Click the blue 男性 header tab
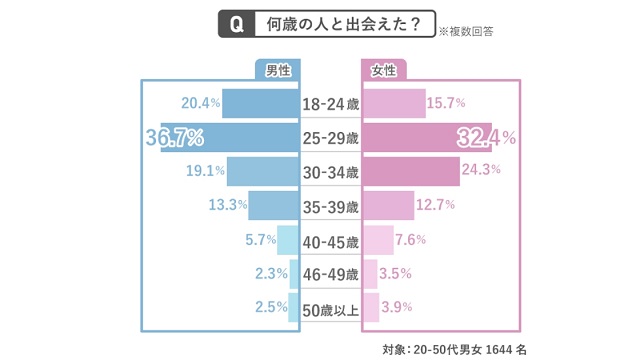point(278,70)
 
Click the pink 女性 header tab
point(383,70)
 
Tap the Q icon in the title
point(237,24)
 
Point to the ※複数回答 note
point(465,31)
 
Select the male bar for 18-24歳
point(261,103)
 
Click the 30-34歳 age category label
point(330,172)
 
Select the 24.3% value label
point(481,170)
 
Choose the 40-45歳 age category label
point(330,240)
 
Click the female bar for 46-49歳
point(370,273)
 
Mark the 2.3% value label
point(271,273)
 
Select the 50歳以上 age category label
point(330,308)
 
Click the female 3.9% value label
point(397,307)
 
